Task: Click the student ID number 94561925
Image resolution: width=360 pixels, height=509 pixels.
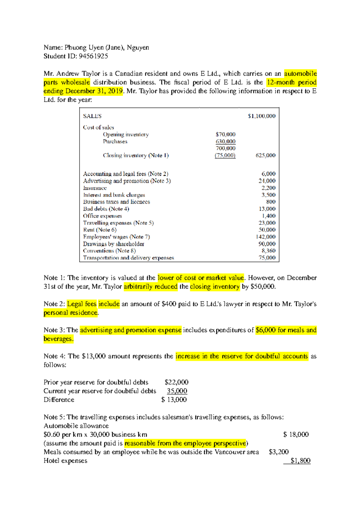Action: coord(93,56)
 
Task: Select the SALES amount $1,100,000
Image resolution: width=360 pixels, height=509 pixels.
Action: coord(261,116)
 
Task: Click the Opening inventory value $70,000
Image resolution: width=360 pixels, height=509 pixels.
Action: coord(225,134)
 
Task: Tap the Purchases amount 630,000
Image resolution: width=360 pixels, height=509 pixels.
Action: coord(225,141)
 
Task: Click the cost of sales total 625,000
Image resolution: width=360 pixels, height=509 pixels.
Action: coord(265,155)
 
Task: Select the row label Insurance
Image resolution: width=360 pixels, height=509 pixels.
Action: coord(95,188)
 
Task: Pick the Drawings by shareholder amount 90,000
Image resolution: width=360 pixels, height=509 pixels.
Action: coord(267,244)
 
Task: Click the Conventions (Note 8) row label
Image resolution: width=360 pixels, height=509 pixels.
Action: coord(109,251)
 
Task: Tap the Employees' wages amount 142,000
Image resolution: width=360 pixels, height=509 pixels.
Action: coord(265,237)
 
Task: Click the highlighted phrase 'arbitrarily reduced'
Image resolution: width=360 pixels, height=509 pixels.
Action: coord(151,287)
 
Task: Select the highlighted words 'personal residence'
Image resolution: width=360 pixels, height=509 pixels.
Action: coord(71,313)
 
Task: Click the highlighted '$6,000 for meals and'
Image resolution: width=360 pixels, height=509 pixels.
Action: coord(286,330)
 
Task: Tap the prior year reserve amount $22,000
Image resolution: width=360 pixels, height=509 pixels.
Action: coord(176,382)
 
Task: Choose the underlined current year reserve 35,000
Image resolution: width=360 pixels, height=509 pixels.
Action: coord(177,391)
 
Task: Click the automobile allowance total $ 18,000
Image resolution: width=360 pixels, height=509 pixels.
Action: coord(296,435)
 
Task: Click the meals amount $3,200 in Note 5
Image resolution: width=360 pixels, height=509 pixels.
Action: coord(279,452)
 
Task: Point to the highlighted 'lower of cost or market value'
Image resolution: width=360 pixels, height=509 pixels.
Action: coord(201,278)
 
